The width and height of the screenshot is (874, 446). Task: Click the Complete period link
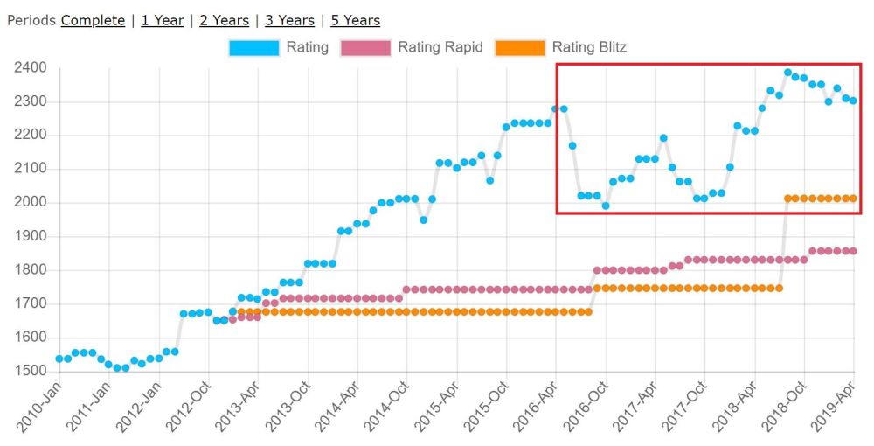(93, 20)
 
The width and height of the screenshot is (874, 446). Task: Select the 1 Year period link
(162, 20)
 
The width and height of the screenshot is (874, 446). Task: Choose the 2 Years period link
(224, 20)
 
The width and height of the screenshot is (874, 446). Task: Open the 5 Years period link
(355, 20)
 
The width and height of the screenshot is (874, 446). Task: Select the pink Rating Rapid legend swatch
(365, 47)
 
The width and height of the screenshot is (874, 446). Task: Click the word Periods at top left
(31, 20)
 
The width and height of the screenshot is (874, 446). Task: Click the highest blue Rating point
(787, 73)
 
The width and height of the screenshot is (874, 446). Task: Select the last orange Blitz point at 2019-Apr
(853, 199)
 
